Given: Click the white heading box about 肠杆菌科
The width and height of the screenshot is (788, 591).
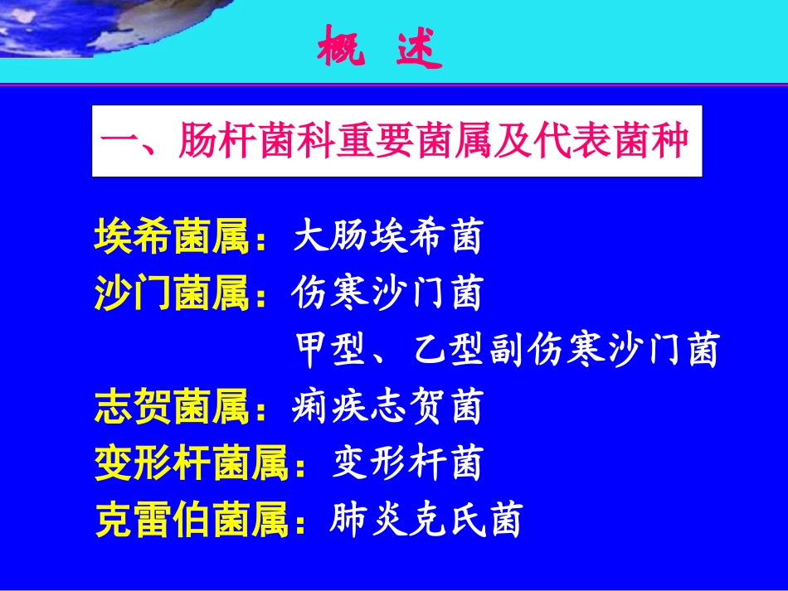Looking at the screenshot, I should [396, 141].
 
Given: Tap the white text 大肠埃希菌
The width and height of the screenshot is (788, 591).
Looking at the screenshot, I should [387, 238].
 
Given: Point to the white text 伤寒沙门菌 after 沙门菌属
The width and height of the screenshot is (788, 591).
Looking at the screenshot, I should [387, 293].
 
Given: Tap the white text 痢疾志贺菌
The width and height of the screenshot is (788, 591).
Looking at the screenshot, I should [387, 408].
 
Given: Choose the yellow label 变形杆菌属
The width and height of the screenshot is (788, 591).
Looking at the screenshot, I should [194, 463].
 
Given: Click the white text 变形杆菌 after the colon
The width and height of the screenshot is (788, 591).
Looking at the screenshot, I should [406, 463].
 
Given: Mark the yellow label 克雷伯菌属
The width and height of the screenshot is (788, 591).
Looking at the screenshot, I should [194, 520].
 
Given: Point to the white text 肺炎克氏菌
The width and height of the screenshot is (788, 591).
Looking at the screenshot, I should [426, 520].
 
